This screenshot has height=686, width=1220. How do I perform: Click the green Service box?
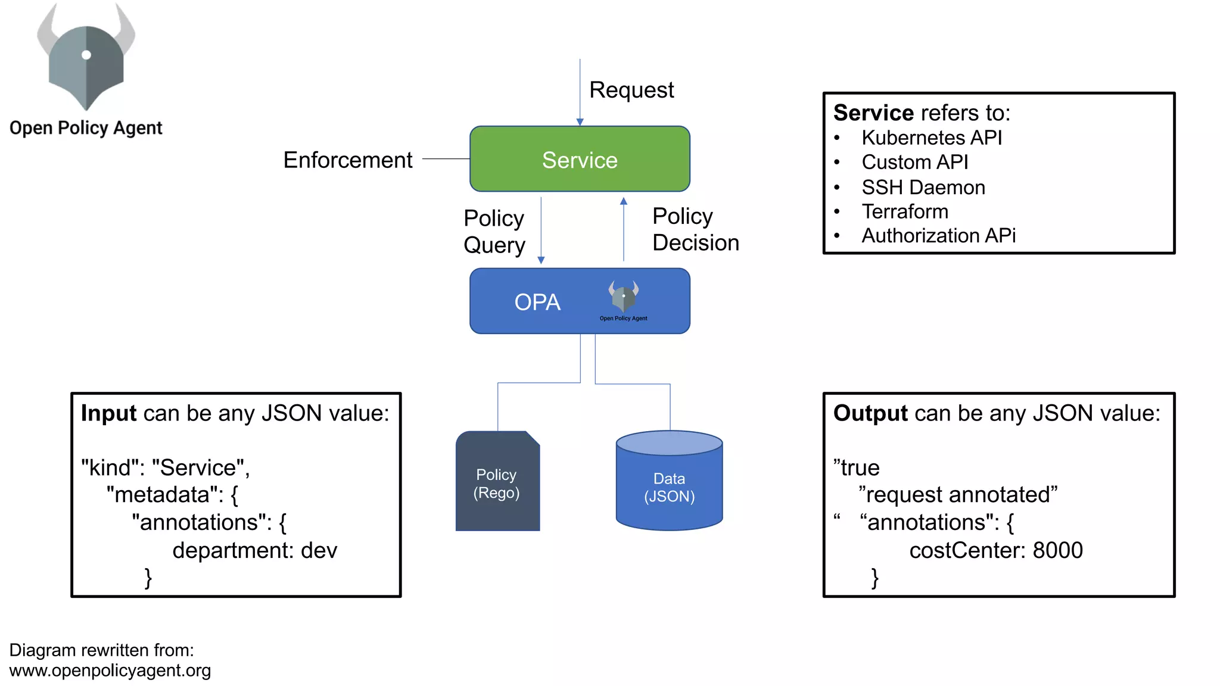coord(580,159)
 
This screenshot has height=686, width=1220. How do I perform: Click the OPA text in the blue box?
coord(537,302)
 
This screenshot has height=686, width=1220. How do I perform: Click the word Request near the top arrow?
coord(631,90)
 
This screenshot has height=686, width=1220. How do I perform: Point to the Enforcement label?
coord(347,160)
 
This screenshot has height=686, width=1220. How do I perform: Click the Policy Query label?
coord(494,231)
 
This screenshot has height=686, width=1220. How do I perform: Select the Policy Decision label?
coord(695,229)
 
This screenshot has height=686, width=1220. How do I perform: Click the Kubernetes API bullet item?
coord(931,138)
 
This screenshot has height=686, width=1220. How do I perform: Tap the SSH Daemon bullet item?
coord(923,187)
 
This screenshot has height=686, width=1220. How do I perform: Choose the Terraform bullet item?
coord(904,211)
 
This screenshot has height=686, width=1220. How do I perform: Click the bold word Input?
coord(109,413)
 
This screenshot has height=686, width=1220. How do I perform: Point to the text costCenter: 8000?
coord(995,550)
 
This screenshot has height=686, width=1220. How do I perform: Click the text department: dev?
coord(254,550)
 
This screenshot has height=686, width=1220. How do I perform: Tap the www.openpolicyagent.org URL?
coord(110,671)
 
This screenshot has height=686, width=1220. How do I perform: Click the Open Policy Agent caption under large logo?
coord(86,127)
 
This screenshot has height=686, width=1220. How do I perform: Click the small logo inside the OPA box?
coord(623,297)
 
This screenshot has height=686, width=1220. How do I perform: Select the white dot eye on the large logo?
coord(86,55)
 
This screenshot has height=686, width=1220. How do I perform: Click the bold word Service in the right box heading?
coord(873,113)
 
